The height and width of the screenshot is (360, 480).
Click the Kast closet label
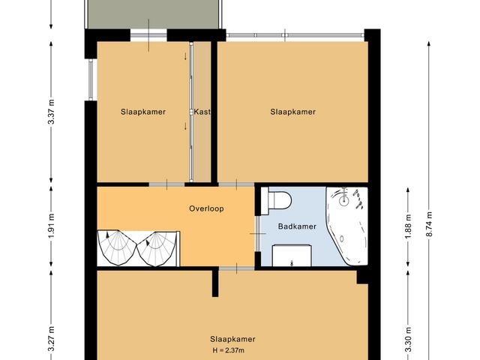(x=202, y=112)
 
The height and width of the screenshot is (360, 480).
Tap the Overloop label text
(x=206, y=209)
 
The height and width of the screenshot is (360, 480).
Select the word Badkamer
(x=296, y=226)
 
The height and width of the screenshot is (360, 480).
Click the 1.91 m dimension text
(x=51, y=226)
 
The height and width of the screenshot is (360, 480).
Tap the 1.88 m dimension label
(x=409, y=226)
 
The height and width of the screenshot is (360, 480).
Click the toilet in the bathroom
(x=279, y=201)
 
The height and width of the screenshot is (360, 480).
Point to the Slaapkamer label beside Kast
(x=142, y=112)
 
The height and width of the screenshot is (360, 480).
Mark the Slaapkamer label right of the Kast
(x=292, y=112)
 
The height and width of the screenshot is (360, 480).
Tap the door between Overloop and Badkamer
(x=257, y=232)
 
